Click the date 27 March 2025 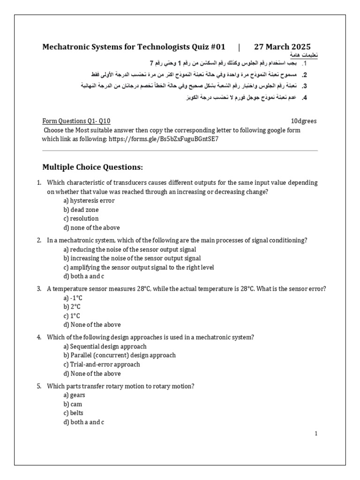282,47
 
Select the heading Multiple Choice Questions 93,167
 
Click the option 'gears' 74,395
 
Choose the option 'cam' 73,404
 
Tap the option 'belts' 74,413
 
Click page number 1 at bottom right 316,434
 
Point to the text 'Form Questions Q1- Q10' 76,121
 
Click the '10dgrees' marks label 304,121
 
